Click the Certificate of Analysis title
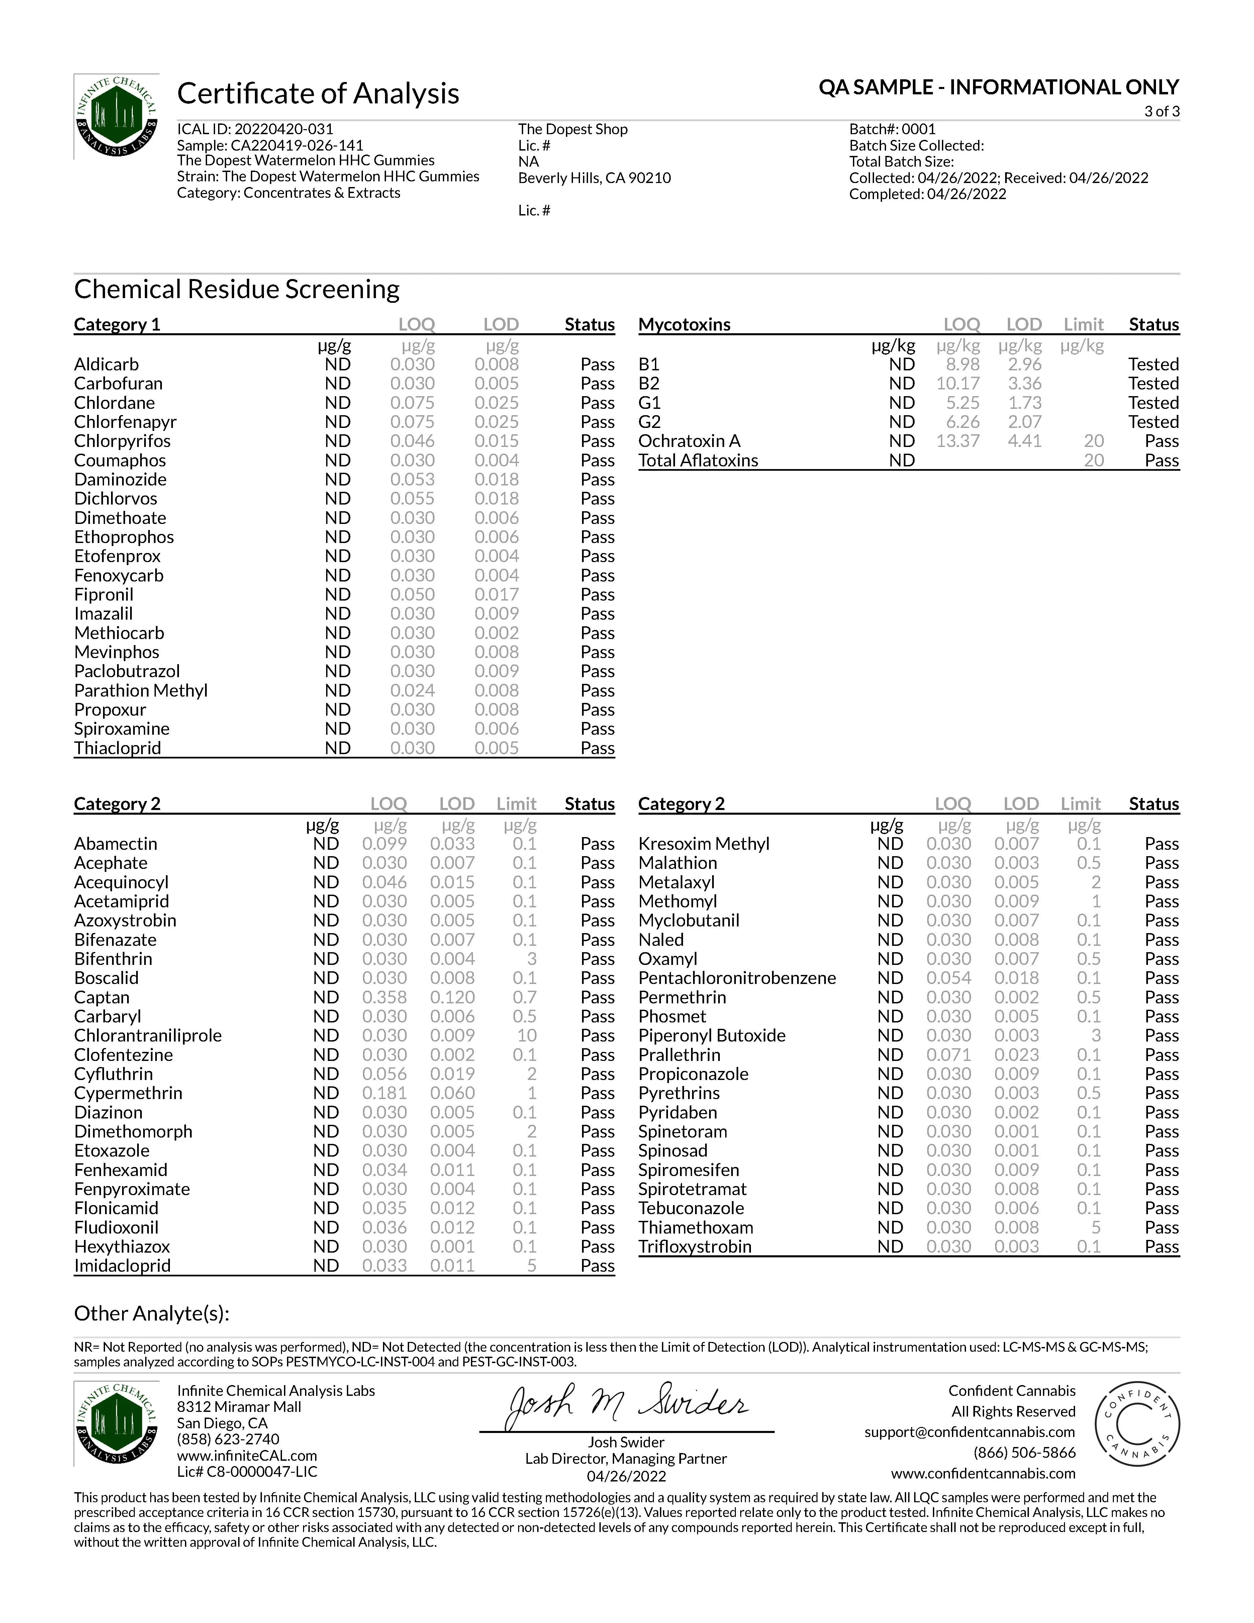[318, 94]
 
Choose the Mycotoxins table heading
[684, 325]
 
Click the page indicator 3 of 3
[1161, 111]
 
